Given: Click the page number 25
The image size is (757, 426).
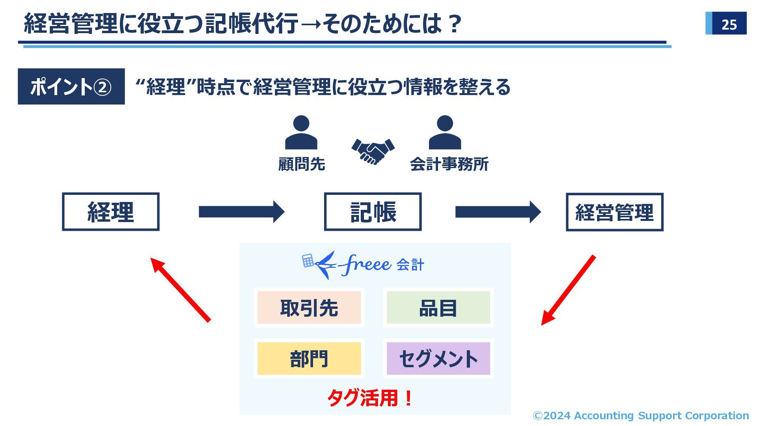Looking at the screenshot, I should click(x=729, y=24).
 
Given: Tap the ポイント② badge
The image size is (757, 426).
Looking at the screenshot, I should click(x=71, y=86).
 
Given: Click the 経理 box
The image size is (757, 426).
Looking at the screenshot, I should click(x=111, y=212).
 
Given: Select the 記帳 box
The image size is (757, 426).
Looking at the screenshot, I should click(x=373, y=212).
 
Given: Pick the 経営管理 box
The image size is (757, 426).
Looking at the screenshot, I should click(x=614, y=212).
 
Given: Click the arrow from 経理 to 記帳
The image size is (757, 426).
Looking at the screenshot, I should click(x=241, y=212).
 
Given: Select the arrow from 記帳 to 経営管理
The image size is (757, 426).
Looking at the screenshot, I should click(x=498, y=212).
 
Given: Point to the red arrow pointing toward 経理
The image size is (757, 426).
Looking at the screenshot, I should click(x=181, y=290).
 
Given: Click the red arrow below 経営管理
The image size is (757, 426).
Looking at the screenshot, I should click(x=568, y=290).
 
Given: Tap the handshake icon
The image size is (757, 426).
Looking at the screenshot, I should click(x=373, y=151).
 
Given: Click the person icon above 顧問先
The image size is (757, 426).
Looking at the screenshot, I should click(x=301, y=133).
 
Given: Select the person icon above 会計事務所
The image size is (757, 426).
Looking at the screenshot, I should click(x=445, y=133).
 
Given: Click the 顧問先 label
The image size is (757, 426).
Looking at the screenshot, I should click(x=302, y=164).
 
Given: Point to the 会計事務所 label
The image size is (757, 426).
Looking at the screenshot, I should click(x=449, y=164).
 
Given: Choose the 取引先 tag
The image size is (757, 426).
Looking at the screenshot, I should click(x=309, y=308).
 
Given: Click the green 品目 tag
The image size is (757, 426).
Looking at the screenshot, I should click(x=438, y=308).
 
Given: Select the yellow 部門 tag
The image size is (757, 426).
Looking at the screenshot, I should click(x=309, y=359).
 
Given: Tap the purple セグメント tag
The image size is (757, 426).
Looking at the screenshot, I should click(x=438, y=359).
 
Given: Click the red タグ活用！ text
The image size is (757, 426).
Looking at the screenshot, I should click(x=370, y=398).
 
